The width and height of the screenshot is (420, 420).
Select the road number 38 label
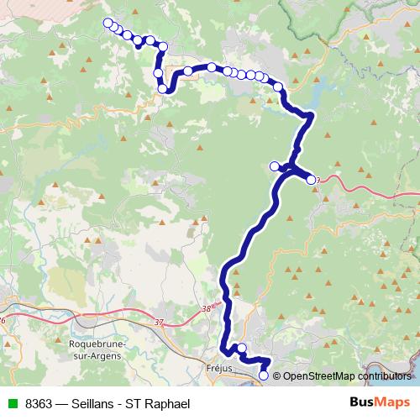coord(207,309)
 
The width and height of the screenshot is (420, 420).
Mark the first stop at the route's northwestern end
coord(108,23)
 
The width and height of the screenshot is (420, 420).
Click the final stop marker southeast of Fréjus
coord(264,375)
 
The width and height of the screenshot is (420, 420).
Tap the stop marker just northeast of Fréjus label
coord(242,349)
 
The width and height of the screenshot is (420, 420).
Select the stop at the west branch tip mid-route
coord(274,166)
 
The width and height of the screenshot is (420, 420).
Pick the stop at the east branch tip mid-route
coord(312,180)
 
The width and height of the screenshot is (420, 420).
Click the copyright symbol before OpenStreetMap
coord(276,375)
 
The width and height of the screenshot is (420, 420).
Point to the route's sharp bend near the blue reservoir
coord(312,114)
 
